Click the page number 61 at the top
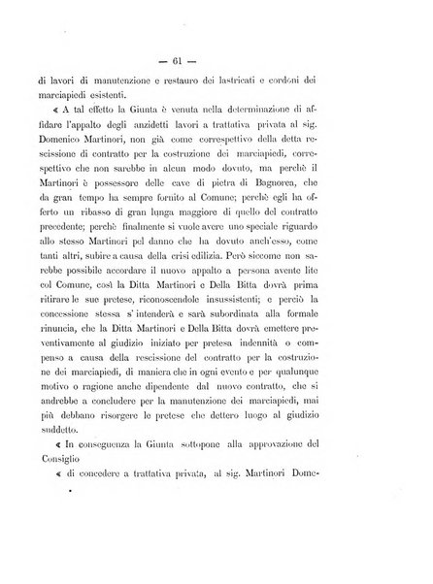[x=216, y=49]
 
